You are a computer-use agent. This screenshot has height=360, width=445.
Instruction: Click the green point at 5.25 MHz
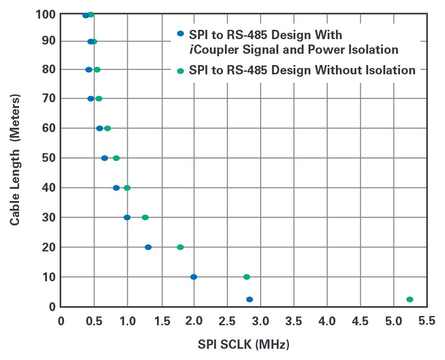pos(410,299)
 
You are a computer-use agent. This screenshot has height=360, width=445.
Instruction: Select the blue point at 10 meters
pos(194,277)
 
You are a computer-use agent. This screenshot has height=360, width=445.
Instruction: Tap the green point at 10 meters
pos(247,277)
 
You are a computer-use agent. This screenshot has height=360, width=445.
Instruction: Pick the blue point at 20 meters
pos(148,247)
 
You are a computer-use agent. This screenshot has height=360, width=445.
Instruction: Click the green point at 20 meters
pos(180,247)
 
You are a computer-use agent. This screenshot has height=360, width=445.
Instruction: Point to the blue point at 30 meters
pos(127,217)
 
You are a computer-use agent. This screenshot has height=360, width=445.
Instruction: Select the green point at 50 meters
pos(116,158)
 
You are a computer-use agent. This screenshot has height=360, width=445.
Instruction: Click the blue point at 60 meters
pos(100,128)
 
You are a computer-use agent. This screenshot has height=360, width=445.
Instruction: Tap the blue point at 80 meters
pos(89,69)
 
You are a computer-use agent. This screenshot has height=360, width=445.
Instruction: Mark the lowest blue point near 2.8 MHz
pos(250,299)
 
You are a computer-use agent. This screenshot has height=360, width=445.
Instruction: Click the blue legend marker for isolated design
pos(180,34)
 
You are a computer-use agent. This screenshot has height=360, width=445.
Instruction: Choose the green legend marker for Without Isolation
pos(180,71)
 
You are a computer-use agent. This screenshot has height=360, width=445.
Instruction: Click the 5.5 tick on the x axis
pos(427,321)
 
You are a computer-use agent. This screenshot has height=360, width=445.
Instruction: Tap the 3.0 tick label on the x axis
pos(260,321)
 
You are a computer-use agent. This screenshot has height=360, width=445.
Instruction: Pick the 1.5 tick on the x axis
pos(160,321)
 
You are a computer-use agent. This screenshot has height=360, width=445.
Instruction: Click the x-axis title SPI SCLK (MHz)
pos(244,344)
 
